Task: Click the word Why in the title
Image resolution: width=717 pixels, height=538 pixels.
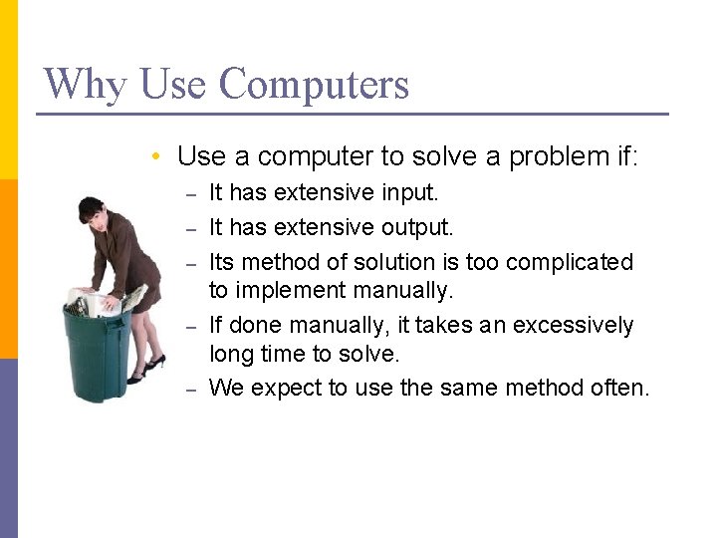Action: point(87,84)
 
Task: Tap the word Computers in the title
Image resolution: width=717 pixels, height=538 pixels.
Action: point(314,84)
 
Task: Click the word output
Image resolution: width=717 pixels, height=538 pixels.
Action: point(417,227)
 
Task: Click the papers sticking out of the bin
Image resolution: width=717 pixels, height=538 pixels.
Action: point(95,300)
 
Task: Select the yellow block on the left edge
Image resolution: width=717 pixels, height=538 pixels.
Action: point(8,90)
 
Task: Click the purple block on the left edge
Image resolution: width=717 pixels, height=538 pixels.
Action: point(8,448)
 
